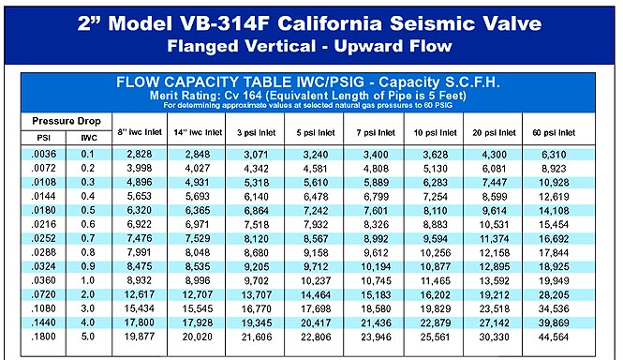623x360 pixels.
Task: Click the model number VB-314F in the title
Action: pos(225,23)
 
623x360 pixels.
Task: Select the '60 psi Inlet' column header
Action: pos(554,132)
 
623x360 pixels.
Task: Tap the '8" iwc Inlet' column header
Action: pos(140,132)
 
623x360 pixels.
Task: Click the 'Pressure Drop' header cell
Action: pos(67,121)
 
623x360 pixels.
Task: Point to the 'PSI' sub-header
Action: pos(43,138)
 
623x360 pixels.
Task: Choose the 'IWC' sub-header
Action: pos(89,138)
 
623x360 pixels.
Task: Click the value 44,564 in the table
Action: pos(554,337)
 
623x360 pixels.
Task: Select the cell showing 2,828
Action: pos(140,154)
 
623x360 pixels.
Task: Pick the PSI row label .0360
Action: pos(44,280)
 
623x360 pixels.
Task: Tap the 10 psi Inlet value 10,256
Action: pos(436,252)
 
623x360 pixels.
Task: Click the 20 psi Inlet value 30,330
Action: pos(494,337)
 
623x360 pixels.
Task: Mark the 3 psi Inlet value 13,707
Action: pos(257,294)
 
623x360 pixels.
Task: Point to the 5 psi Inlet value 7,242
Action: pos(316,210)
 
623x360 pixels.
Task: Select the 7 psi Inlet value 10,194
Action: pos(376,266)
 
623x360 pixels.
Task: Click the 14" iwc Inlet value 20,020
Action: pos(198,337)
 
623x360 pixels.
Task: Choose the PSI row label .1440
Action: pos(44,322)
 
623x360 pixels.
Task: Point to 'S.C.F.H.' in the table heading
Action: pos(472,82)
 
